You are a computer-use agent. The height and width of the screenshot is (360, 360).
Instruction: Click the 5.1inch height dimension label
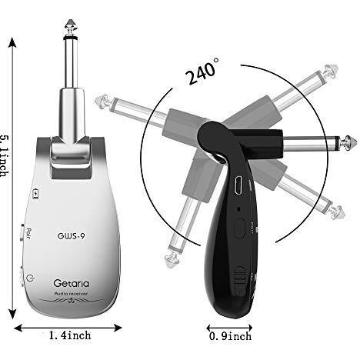[5, 156]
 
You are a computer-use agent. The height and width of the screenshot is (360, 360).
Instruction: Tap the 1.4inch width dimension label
[70, 335]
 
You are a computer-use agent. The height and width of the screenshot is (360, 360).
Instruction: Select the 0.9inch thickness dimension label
[230, 336]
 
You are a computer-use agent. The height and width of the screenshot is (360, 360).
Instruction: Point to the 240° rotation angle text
[202, 72]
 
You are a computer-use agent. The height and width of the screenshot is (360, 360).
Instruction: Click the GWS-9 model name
[71, 235]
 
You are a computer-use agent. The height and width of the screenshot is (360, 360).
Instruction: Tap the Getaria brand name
[72, 283]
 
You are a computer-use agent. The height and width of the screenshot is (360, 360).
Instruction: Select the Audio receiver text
[71, 294]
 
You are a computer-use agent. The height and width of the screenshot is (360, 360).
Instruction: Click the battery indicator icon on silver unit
[35, 194]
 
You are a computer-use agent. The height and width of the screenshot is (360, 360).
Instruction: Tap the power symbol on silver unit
[30, 278]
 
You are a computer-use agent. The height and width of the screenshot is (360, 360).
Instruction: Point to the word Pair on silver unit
[28, 234]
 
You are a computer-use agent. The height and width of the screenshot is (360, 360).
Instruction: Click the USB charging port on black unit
[238, 185]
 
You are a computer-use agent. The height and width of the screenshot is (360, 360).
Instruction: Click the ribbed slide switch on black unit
[240, 278]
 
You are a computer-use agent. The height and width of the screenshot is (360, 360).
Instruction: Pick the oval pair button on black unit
[239, 228]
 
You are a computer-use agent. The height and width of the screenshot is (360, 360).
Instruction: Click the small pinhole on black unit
[238, 209]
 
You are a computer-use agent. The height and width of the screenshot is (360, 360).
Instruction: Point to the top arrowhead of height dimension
[12, 42]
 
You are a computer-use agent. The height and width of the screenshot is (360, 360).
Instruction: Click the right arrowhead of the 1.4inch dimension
[118, 328]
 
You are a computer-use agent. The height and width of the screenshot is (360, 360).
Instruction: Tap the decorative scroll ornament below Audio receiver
[71, 301]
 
